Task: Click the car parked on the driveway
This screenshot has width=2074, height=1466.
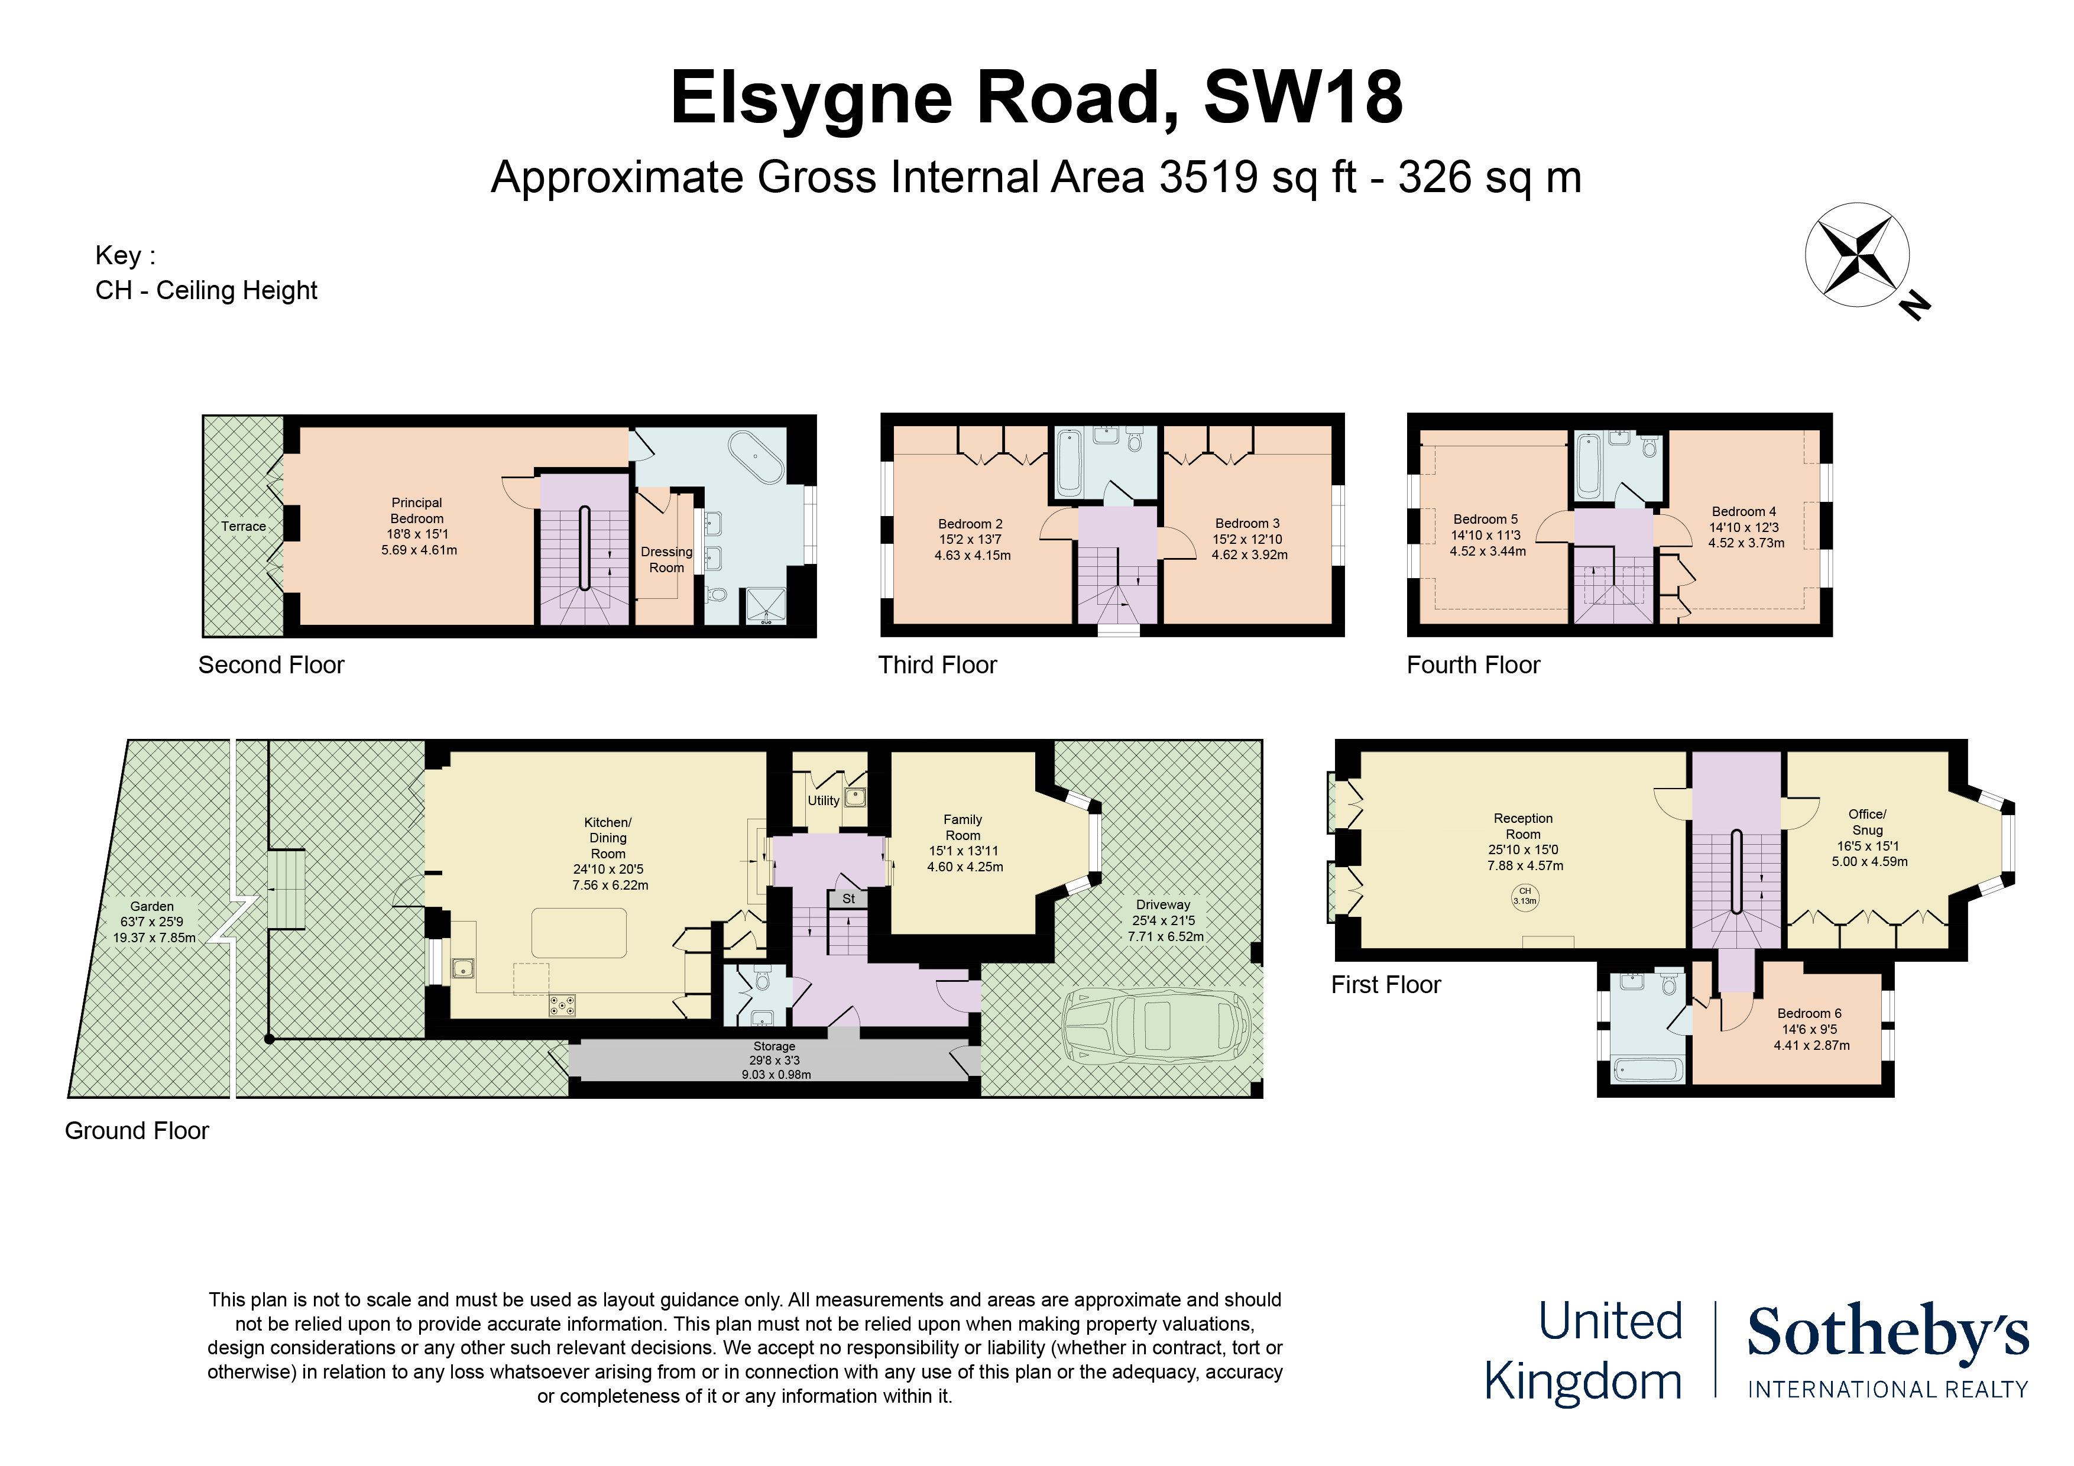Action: point(1158,1025)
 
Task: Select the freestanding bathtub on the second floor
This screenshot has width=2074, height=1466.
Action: point(756,458)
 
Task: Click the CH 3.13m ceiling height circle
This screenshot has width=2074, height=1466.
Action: point(1525,896)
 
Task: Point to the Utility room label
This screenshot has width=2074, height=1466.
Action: point(823,800)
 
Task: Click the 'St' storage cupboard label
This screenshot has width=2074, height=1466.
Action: point(848,899)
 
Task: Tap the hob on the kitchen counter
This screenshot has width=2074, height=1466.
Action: point(562,1004)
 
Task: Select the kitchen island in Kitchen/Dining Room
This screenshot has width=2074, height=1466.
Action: point(579,933)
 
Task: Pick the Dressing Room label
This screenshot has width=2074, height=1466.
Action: point(667,559)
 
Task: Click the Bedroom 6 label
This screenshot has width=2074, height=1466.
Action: point(1809,1013)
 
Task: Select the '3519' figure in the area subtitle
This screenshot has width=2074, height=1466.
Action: point(1208,177)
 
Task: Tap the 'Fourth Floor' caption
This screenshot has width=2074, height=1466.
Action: point(1473,665)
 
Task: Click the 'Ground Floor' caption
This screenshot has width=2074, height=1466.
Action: point(137,1131)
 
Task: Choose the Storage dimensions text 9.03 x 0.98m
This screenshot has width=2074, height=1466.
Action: point(776,1075)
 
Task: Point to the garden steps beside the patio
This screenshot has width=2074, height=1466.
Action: point(286,889)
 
